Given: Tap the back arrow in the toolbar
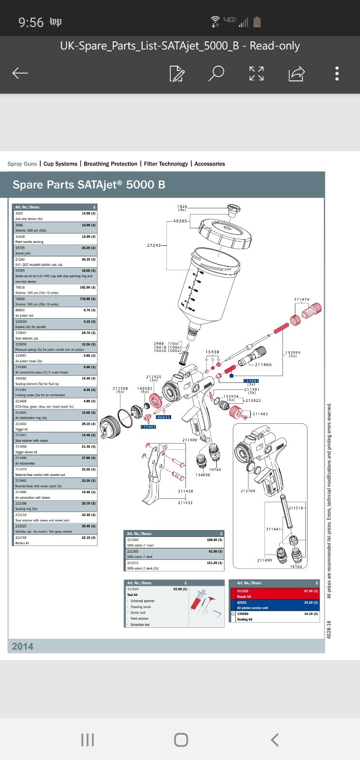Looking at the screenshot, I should [20, 73].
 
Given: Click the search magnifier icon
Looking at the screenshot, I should [216, 73].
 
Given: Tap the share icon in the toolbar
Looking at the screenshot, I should [296, 74].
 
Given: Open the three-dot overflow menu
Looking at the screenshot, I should [337, 73].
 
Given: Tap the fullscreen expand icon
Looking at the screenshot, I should [256, 73].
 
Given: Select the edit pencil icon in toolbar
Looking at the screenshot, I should [176, 74].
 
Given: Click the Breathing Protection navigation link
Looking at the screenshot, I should [110, 164].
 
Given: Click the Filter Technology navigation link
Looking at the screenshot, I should [166, 164].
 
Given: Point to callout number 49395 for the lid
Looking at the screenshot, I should [180, 221].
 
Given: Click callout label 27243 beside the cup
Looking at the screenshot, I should [154, 245].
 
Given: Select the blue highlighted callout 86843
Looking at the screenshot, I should [164, 417].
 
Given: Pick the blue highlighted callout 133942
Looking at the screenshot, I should [148, 427].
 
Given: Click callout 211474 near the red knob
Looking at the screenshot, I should [302, 300].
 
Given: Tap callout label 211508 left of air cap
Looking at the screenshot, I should [120, 389].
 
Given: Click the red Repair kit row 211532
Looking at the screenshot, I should [274, 594].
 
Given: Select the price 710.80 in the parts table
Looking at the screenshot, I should [88, 299].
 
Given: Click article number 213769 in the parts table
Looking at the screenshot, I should [21, 537].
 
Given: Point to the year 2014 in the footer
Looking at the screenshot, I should [22, 646].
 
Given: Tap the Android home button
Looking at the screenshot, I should [181, 740].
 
